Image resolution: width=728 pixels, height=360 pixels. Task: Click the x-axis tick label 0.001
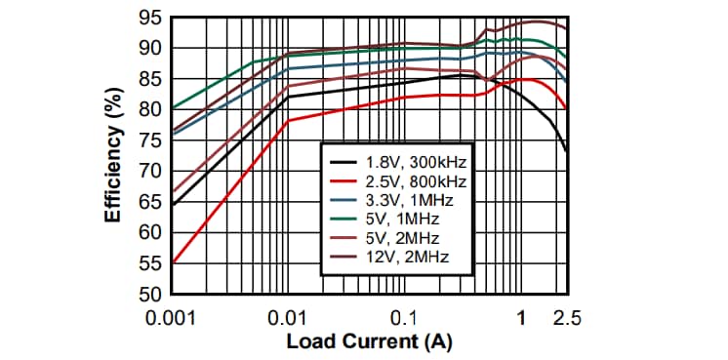tap(172, 318)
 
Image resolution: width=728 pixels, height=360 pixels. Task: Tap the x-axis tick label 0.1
tap(403, 318)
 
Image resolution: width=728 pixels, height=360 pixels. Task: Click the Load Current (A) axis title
tap(369, 341)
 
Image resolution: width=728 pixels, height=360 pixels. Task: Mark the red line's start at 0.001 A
tap(172, 262)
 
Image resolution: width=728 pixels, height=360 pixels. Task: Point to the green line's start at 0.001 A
tap(172, 107)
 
